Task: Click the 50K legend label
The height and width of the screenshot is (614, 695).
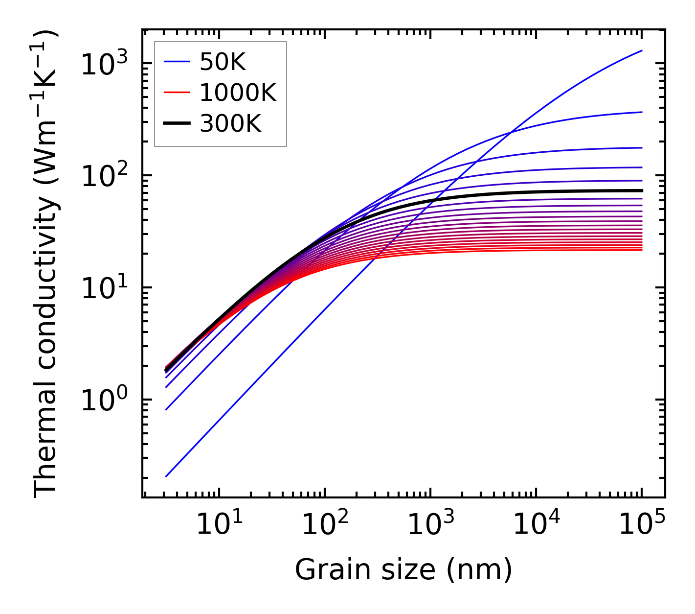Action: [x=222, y=62]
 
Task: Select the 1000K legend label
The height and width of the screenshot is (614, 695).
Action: [x=238, y=93]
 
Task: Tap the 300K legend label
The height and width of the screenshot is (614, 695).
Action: [x=230, y=124]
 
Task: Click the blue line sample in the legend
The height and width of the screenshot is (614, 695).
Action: [x=176, y=62]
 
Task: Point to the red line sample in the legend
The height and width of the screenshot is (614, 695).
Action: [x=176, y=93]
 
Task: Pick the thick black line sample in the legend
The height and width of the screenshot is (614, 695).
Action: [x=176, y=124]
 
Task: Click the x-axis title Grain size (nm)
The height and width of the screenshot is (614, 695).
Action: [x=404, y=570]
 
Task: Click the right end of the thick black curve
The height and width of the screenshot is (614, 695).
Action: [x=642, y=190]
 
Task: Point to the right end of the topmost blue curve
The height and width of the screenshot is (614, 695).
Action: [x=642, y=50]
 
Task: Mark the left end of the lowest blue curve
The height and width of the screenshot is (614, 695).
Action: [x=166, y=476]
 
